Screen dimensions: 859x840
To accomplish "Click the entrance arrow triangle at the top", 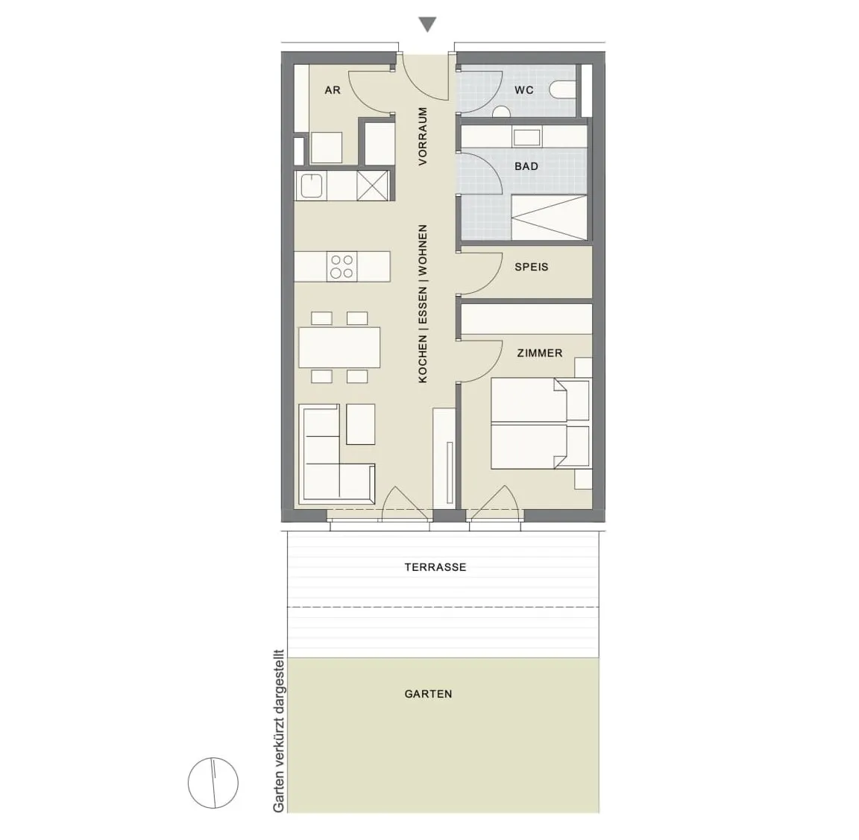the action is coord(427,24).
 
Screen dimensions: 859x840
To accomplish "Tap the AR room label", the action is coord(333,90).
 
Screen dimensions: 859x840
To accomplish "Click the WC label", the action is coord(523,90).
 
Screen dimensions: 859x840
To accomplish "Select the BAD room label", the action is coord(526,166).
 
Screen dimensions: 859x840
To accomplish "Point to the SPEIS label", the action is coord(531,268).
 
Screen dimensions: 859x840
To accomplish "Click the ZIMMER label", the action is coord(540,353).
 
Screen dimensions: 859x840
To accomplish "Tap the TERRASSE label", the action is coord(435,567).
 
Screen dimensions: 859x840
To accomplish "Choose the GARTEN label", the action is coord(429,695).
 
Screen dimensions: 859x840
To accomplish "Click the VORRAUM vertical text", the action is coord(422,136).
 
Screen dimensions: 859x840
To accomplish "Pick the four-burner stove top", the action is coord(342,267).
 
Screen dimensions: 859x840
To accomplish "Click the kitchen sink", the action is coord(311,186).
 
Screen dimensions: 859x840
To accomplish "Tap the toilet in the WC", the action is coord(563,90).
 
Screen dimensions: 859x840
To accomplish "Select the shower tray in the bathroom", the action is coord(549,218).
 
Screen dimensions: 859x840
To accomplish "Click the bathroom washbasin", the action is coord(526,136).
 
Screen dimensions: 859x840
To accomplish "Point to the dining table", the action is coord(339,347).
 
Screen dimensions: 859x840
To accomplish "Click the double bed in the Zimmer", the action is coord(540,423).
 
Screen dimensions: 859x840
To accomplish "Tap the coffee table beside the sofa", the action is coord(360,424).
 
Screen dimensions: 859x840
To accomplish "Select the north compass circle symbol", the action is coord(213,783).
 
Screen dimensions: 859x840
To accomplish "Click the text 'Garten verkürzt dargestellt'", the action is coord(279,732).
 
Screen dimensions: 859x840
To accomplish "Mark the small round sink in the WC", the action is coord(501,112).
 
